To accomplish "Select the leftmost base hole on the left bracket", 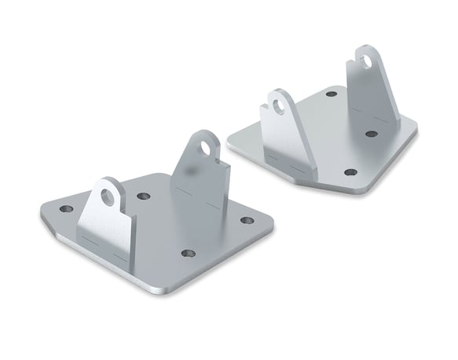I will pos(66,209).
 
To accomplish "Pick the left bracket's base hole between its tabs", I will pos(143,197).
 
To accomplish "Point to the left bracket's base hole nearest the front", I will pos(188,254).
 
